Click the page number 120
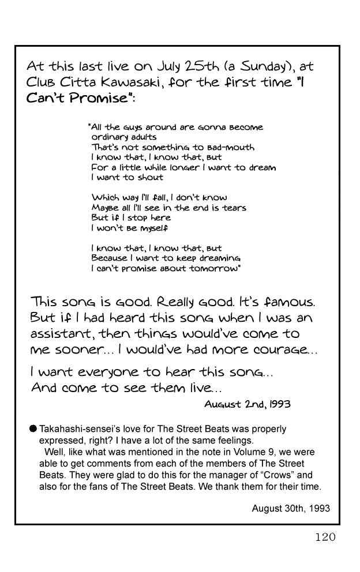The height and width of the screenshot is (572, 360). coord(325,537)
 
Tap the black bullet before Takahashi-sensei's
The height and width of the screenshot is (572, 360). coord(33,428)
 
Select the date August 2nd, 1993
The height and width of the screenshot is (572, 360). coord(247,404)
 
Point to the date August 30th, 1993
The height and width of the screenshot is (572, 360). coord(291,509)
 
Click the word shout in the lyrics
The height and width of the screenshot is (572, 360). coord(151,177)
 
